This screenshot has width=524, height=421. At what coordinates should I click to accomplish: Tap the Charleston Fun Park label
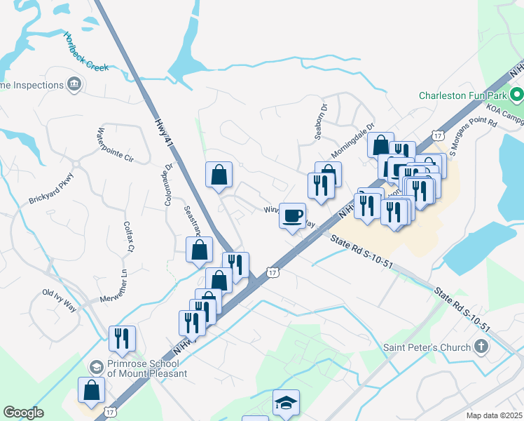click(x=462, y=95)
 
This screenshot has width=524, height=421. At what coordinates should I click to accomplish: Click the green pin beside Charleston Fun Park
click(x=516, y=93)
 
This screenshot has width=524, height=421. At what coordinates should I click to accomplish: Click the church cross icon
click(x=481, y=346)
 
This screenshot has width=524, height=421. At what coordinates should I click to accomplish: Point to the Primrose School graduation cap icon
click(x=96, y=366)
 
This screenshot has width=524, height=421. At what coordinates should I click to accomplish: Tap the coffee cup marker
click(x=293, y=215)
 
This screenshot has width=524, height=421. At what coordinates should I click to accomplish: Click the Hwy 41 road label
click(x=163, y=132)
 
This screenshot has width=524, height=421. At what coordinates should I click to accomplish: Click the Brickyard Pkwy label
click(x=51, y=189)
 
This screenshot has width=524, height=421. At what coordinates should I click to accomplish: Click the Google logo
click(x=23, y=413)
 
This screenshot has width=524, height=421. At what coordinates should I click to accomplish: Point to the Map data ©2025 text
click(x=493, y=415)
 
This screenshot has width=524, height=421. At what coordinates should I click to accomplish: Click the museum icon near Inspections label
click(x=74, y=86)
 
